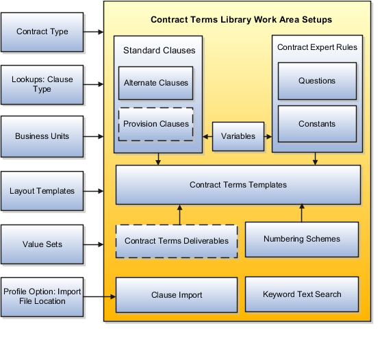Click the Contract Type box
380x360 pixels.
pos(42,32)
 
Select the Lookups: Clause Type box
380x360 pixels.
pos(42,85)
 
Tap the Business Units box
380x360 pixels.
pos(42,136)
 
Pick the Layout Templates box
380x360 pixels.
pos(42,191)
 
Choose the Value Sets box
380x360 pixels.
pos(42,244)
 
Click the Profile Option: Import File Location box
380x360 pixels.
pos(42,297)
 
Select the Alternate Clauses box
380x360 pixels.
pos(156,83)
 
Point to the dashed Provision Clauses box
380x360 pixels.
pos(156,124)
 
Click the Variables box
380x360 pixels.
pos(238,136)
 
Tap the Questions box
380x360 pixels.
pos(317,81)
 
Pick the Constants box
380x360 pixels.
pos(317,124)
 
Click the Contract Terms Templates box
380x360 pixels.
pos(238,185)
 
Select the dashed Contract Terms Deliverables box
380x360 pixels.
pos(177,241)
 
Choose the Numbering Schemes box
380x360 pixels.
pos(302,240)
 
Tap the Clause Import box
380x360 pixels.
pos(177,295)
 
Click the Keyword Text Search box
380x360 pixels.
pos(302,294)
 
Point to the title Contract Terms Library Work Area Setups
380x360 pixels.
pos(242,20)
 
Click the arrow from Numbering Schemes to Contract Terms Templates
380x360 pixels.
pos(302,213)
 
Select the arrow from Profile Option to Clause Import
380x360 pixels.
pos(99,296)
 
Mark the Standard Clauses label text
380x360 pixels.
pos(160,51)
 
